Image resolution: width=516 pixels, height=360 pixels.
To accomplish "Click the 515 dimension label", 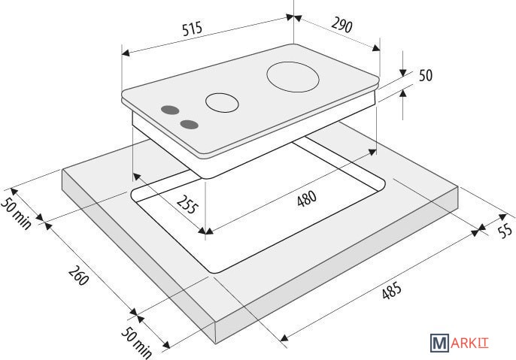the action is coord(193,29).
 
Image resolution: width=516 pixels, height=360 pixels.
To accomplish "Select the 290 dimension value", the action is coord(341,25).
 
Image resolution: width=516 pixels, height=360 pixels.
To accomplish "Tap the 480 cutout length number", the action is coord(307,198).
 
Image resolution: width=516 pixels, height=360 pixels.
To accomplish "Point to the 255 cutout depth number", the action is coord(187,204).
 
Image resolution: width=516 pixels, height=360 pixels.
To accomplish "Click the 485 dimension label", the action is coord(392,290).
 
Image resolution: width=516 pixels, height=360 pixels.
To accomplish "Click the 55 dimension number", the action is coord(505,230).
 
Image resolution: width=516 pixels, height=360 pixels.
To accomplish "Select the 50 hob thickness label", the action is coord(426,75).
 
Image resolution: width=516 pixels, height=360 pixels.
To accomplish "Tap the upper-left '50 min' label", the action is coord(16,213).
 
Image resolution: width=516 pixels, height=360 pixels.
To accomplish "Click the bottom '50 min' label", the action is coord(137,343).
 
